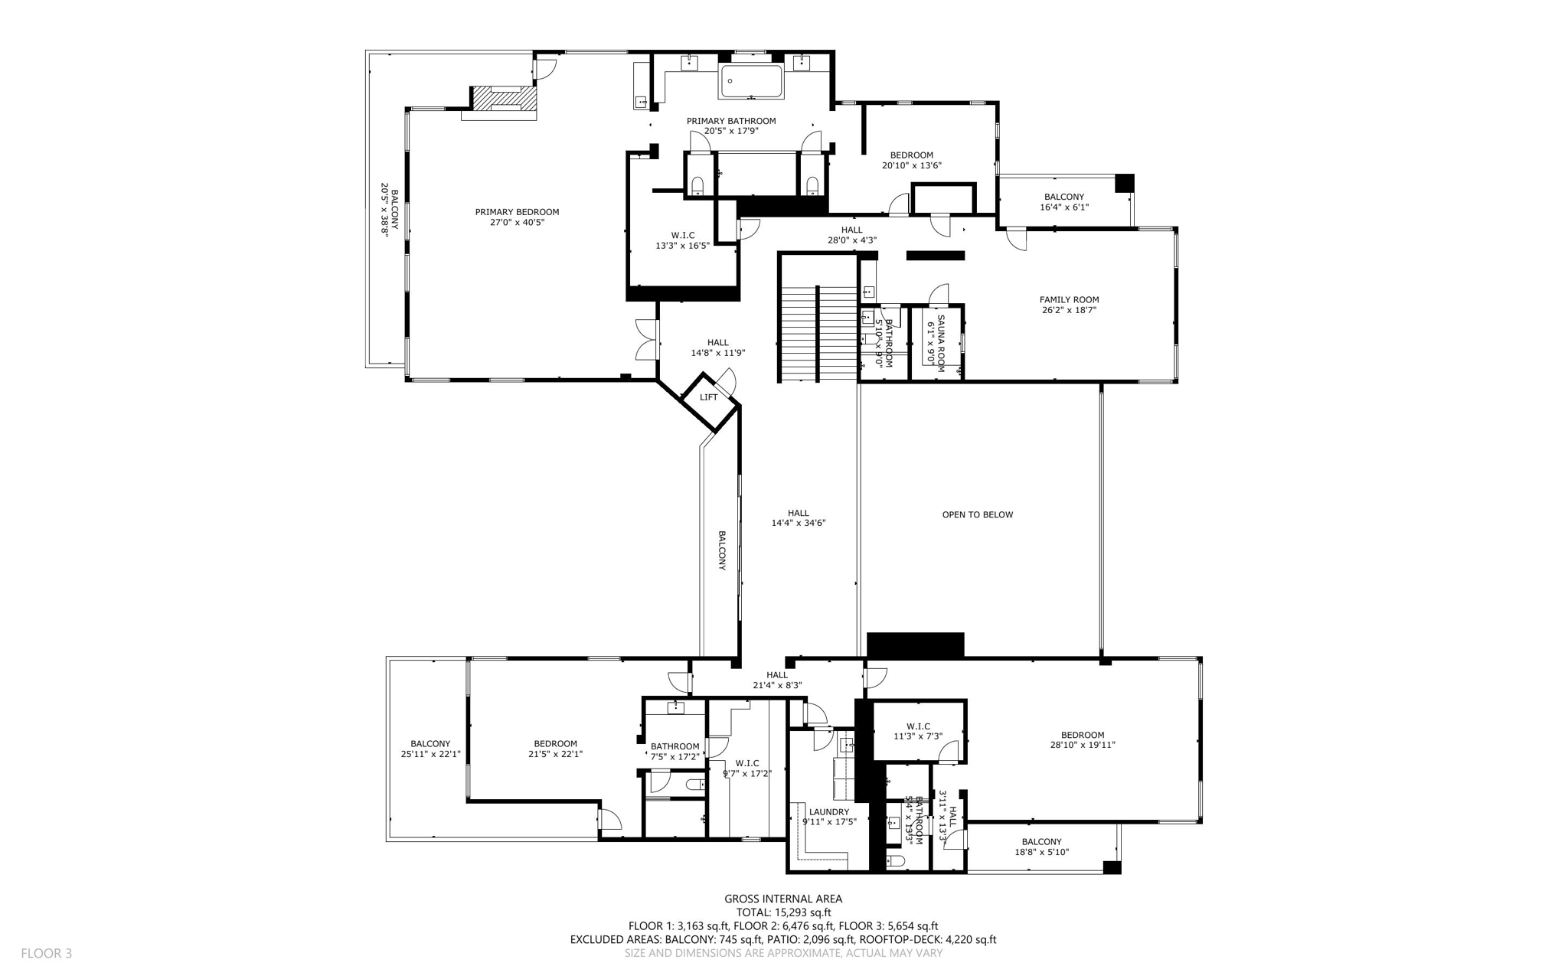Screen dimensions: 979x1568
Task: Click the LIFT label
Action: tap(708, 397)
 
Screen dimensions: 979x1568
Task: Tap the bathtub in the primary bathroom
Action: tap(750, 81)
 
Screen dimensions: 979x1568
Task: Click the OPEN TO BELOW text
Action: tap(977, 515)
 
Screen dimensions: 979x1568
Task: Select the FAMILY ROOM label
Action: tap(1069, 300)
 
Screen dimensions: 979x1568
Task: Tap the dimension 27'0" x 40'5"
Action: tap(517, 223)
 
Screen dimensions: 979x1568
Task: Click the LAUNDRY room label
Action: tap(828, 812)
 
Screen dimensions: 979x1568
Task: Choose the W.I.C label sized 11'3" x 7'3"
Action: tap(918, 726)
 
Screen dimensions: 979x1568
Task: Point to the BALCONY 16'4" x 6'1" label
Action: tap(1063, 197)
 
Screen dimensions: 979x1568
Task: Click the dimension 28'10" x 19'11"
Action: tap(1083, 745)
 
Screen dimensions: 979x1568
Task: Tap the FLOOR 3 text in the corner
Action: tap(46, 954)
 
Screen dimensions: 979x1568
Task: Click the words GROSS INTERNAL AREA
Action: tap(783, 899)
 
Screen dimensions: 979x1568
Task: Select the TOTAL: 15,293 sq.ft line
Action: tap(783, 912)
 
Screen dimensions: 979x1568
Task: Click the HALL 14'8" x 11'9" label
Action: tap(717, 343)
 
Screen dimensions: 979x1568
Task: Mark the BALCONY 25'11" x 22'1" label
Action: tap(430, 744)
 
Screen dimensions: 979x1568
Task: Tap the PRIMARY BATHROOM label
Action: tap(730, 121)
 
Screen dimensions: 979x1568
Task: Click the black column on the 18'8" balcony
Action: tap(1112, 867)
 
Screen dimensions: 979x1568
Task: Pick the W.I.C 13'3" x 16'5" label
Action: tap(682, 236)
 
